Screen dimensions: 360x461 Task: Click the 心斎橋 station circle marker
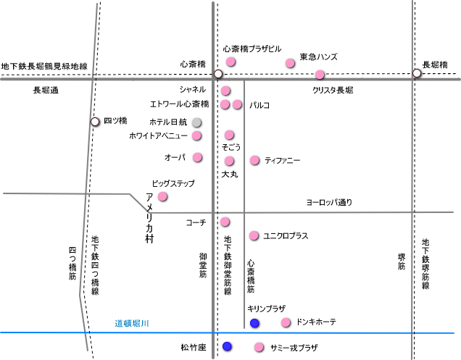217,74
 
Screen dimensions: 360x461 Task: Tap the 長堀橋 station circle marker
417,73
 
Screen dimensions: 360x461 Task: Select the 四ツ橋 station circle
95,121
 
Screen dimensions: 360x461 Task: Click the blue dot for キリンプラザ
254,322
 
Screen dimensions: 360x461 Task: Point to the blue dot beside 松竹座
228,347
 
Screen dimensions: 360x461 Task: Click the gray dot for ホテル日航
196,122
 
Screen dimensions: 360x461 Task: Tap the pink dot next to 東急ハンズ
290,64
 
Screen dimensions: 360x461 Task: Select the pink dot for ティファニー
254,160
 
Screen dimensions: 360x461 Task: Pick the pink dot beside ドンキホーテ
286,322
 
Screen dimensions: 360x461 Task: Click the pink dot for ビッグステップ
162,196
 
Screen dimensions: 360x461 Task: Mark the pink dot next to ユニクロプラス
254,235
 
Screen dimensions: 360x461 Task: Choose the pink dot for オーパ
197,157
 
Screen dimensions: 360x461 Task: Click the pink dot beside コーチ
225,222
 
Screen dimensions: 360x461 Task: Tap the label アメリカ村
149,218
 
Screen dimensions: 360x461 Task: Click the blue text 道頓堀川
133,323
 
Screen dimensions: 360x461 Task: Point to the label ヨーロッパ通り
329,202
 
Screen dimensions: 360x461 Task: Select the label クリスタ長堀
333,91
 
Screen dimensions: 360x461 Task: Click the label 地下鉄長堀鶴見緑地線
44,66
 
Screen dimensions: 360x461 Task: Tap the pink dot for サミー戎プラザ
259,348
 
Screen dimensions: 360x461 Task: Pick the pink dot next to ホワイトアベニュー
197,135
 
